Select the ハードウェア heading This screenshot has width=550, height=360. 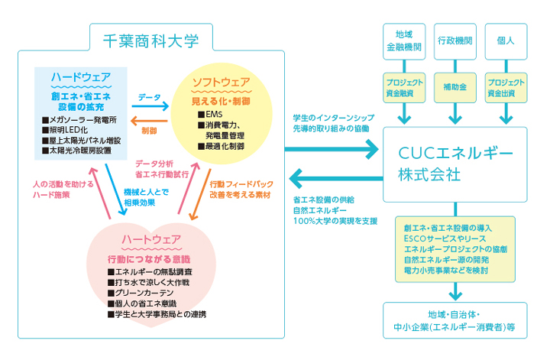(81, 78)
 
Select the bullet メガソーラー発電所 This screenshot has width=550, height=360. (82, 120)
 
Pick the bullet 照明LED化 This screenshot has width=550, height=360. (73, 131)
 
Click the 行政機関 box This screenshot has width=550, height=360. (455, 39)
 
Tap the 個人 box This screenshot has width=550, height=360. (506, 39)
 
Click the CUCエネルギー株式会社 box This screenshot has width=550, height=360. (456, 163)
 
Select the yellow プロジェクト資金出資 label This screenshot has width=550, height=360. (506, 87)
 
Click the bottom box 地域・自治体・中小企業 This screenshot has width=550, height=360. (456, 320)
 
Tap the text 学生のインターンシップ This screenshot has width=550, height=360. (333, 118)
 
